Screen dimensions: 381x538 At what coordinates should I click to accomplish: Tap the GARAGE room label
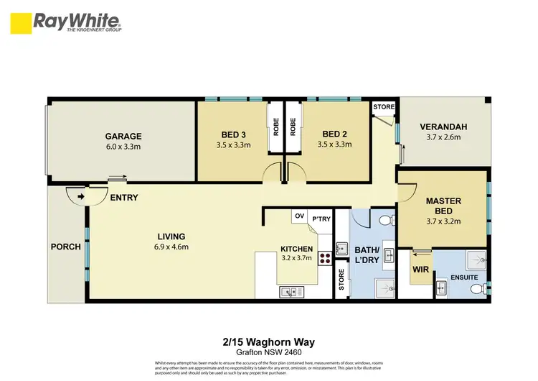pyautogui.click(x=123, y=136)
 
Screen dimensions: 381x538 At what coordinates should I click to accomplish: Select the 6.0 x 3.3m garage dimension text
pyautogui.click(x=123, y=147)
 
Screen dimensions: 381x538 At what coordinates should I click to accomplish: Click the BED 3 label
pyautogui.click(x=233, y=134)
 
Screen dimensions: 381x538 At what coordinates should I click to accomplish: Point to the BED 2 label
pyautogui.click(x=335, y=134)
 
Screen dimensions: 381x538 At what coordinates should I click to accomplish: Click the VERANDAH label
pyautogui.click(x=443, y=127)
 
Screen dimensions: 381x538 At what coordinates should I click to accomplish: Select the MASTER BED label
pyautogui.click(x=443, y=206)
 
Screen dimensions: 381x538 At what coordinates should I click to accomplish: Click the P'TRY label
pyautogui.click(x=320, y=216)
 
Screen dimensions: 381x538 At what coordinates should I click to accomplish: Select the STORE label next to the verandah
pyautogui.click(x=384, y=107)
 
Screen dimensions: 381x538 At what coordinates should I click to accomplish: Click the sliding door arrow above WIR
pyautogui.click(x=421, y=252)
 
